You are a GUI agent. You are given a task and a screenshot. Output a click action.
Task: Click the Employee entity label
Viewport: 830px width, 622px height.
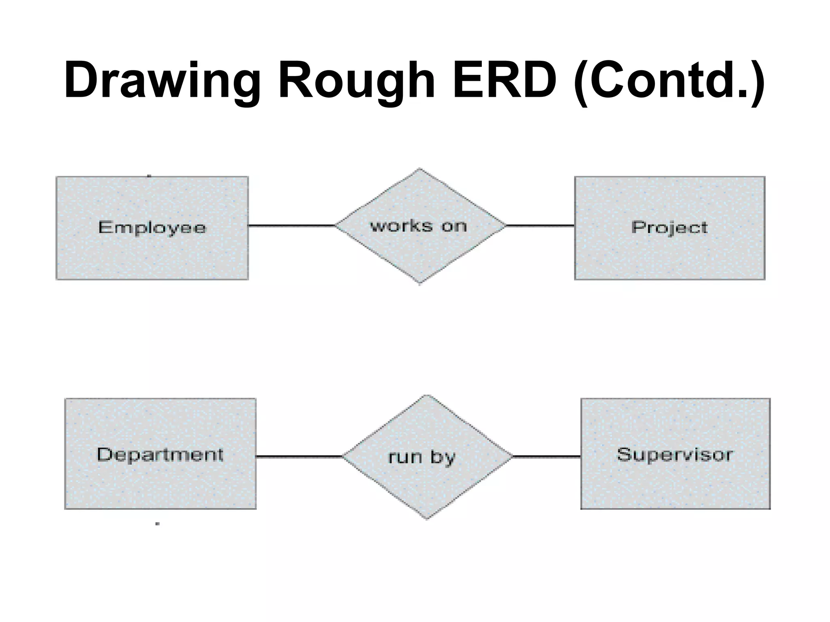(152, 228)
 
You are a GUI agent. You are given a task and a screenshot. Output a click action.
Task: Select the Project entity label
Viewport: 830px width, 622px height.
(669, 228)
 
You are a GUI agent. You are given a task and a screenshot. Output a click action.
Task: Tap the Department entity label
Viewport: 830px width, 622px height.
(160, 454)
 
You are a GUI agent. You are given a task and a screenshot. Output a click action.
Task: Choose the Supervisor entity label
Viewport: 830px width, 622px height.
(675, 454)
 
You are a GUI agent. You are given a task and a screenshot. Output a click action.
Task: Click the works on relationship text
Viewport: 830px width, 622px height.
(419, 226)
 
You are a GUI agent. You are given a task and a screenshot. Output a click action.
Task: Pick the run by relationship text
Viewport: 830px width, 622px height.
(421, 457)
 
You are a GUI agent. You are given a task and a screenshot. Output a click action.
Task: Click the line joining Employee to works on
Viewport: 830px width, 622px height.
(292, 226)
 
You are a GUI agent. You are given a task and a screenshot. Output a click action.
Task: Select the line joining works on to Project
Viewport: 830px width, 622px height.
(540, 226)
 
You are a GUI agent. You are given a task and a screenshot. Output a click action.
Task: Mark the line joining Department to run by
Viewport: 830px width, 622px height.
(299, 456)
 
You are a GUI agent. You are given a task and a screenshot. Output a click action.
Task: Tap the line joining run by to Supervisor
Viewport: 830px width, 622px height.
(547, 456)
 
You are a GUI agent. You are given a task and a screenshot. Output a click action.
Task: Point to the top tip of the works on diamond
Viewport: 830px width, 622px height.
(420, 169)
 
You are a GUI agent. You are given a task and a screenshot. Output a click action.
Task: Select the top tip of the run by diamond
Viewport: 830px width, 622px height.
(428, 396)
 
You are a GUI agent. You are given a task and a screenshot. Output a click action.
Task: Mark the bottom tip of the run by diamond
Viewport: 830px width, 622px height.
(427, 518)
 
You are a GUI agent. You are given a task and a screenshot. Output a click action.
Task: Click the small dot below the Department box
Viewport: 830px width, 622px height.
(158, 524)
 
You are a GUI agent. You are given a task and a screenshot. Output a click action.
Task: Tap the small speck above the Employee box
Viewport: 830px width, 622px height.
(149, 176)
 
